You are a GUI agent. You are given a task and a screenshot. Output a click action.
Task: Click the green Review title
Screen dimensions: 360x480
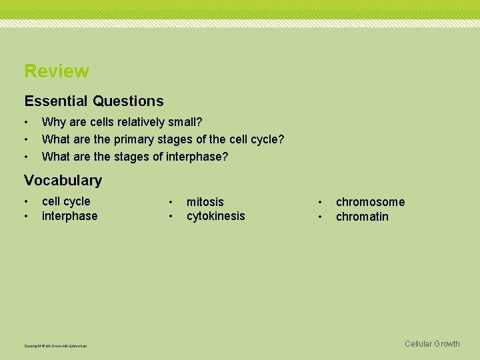(57, 71)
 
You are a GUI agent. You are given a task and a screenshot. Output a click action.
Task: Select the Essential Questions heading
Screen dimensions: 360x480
(94, 101)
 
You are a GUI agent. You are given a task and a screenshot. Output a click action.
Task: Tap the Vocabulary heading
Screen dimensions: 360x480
(63, 180)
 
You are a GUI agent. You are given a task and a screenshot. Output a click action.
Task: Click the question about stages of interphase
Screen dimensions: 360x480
(135, 157)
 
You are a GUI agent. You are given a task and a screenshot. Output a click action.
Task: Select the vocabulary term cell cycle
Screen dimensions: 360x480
(66, 201)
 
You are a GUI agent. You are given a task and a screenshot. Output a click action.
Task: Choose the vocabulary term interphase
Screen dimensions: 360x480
(69, 216)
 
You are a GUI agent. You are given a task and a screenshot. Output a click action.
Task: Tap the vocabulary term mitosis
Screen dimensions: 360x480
(205, 202)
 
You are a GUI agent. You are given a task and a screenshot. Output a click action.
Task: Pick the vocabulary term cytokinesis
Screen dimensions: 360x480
(216, 216)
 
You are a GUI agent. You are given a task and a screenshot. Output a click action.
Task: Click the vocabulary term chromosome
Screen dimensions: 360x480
(370, 202)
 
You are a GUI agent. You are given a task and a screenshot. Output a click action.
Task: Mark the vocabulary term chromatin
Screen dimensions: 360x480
(362, 217)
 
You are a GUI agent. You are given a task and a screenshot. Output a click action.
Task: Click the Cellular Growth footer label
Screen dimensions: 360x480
(432, 344)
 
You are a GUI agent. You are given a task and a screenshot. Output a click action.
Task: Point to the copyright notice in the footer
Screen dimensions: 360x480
(55, 345)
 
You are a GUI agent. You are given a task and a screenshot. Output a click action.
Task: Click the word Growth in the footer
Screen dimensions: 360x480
(447, 344)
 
